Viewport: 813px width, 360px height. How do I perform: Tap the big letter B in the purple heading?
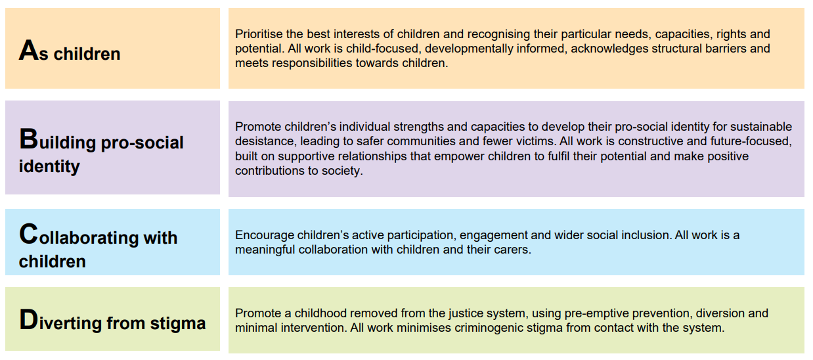coord(28,139)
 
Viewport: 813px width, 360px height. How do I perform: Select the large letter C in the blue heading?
coord(28,235)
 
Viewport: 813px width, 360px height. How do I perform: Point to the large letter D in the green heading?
coord(28,320)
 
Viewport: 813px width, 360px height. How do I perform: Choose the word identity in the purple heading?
coord(49,166)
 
